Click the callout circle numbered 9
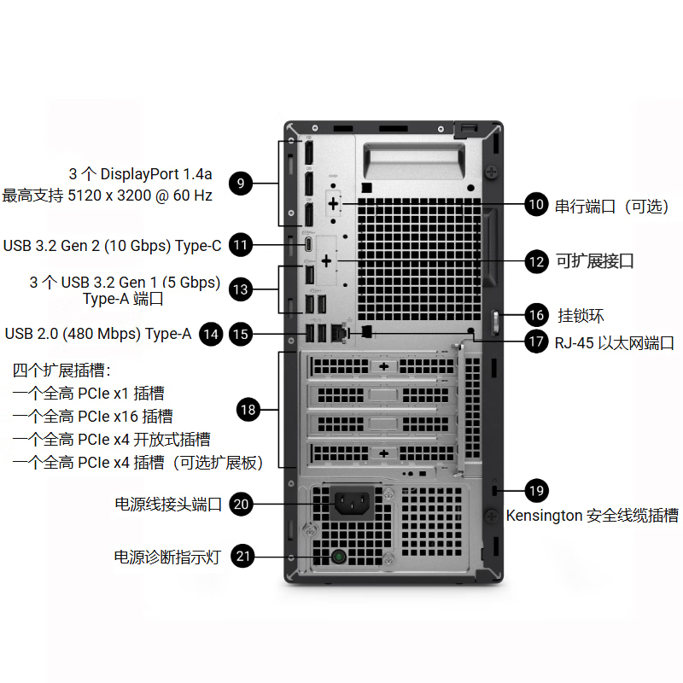pos(242,184)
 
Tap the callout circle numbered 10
pos(536,204)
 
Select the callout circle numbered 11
pos(242,246)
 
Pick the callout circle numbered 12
pos(536,261)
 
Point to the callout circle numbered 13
pos(242,290)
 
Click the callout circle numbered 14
pos(211,334)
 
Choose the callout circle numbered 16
pos(536,315)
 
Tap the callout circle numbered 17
pos(536,342)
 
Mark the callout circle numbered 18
pos(248,411)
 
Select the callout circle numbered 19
pos(536,491)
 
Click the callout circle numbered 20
pos(242,505)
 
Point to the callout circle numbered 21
pos(244,557)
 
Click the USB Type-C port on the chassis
pos(309,245)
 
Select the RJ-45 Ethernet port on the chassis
pos(343,330)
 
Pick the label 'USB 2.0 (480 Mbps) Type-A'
pos(98,334)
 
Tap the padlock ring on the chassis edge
pos(496,322)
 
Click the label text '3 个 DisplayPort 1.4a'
pos(141,174)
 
